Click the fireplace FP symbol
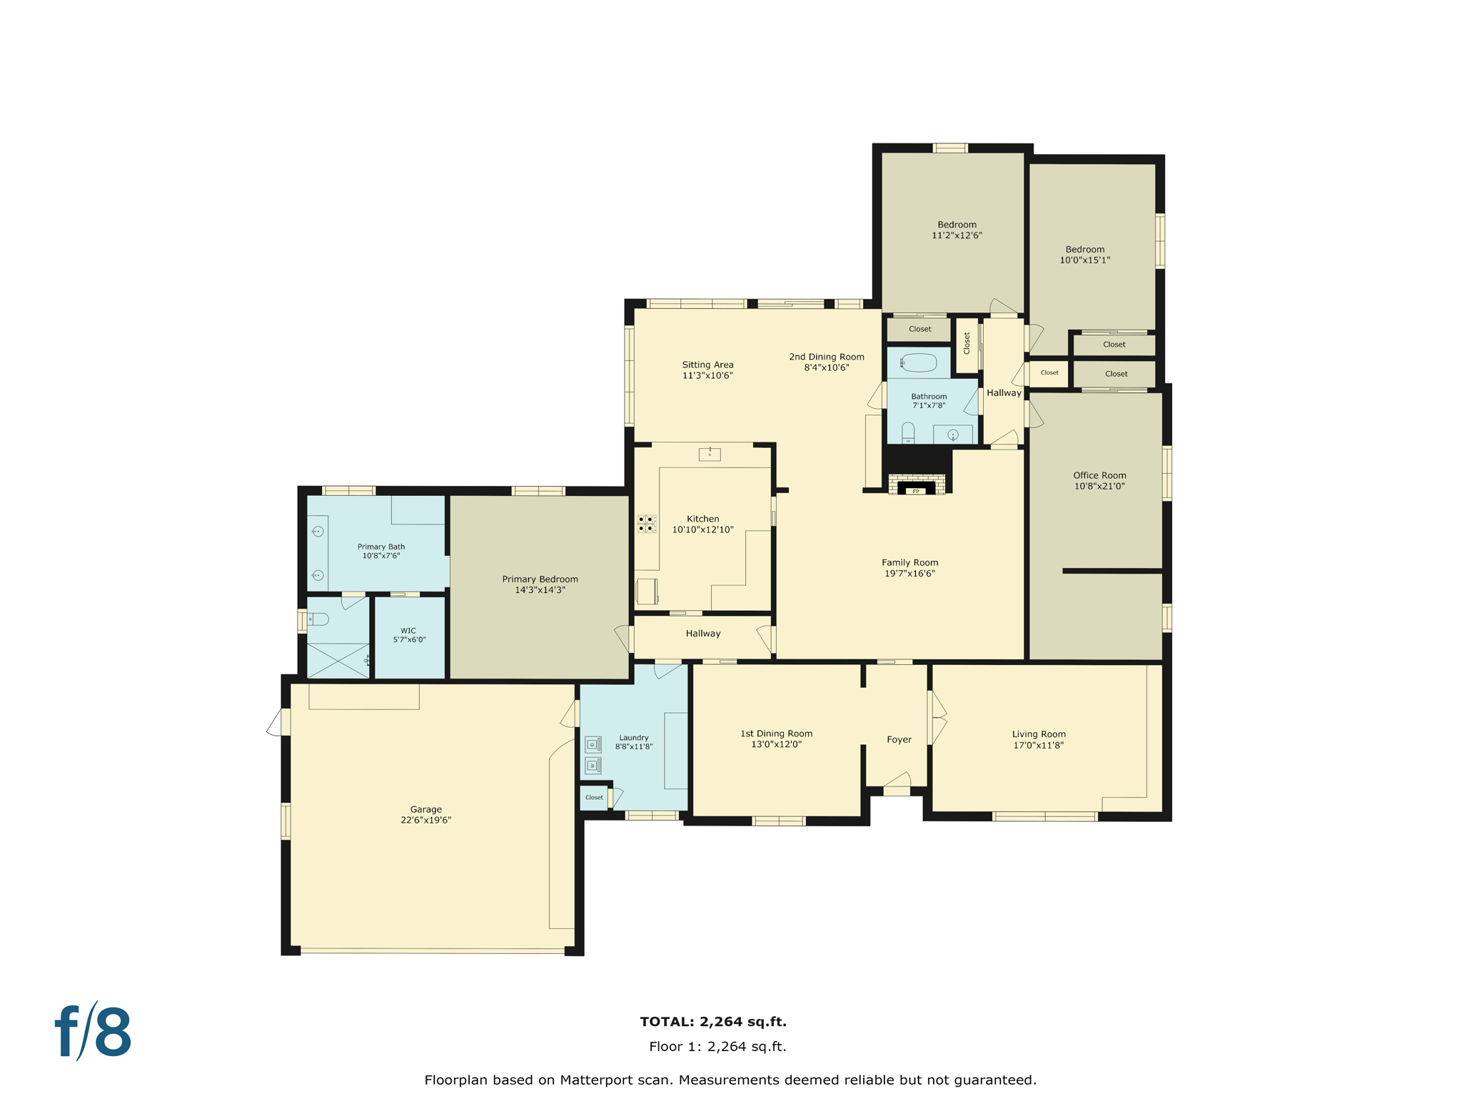[916, 490]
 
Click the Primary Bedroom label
[540, 579]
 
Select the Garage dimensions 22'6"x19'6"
[425, 821]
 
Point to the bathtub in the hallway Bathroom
[919, 363]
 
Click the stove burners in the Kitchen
[646, 524]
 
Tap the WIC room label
[408, 631]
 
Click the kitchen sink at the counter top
[710, 454]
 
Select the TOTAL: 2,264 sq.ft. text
[713, 1022]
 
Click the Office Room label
[1099, 475]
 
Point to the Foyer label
[899, 740]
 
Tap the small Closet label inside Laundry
[594, 798]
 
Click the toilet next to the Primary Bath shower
[318, 619]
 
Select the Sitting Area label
[707, 365]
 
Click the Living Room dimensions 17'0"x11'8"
[1038, 746]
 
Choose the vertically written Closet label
[967, 343]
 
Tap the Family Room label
[909, 562]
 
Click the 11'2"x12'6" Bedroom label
[957, 225]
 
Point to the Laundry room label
[634, 738]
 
